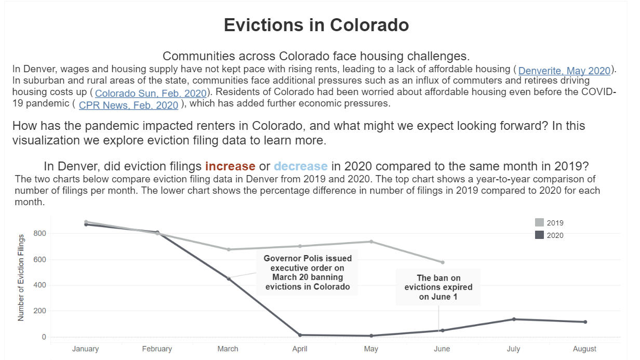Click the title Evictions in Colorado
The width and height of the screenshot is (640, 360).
[316, 25]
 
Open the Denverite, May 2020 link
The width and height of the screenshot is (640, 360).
[564, 71]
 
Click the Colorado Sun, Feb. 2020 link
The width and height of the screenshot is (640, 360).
[151, 94]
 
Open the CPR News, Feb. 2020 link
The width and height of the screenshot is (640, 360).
[128, 105]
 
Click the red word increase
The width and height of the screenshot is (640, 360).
[230, 166]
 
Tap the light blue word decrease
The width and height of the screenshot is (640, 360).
[301, 166]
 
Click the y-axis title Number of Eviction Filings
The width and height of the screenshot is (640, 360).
[21, 277]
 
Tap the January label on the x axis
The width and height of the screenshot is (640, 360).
[85, 349]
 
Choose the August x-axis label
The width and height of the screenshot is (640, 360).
[584, 349]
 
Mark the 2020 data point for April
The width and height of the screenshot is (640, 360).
[300, 335]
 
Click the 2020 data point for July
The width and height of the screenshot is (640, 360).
[514, 319]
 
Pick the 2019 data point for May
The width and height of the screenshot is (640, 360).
[371, 242]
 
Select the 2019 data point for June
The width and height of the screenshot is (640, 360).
[442, 262]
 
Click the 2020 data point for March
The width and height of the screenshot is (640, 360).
[229, 278]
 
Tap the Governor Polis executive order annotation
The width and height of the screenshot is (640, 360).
[308, 272]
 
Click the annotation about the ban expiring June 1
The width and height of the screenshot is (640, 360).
[438, 287]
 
